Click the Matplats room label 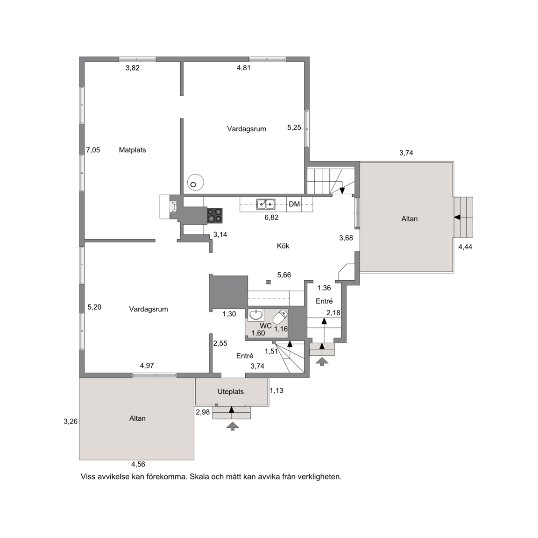[x=133, y=150]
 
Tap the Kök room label [x=283, y=246]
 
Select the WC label [x=266, y=326]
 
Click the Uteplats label [x=231, y=391]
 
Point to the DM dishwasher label [x=294, y=204]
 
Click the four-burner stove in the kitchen [x=214, y=215]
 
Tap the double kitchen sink [x=266, y=204]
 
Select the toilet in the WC [x=280, y=317]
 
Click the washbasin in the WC [x=255, y=315]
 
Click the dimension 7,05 [x=93, y=150]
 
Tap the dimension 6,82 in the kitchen [x=271, y=217]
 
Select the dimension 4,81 [x=244, y=68]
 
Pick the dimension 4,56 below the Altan [x=138, y=464]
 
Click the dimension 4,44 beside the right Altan [x=465, y=247]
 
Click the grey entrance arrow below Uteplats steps [x=232, y=426]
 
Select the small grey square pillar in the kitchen [x=269, y=282]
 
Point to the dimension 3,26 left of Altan [x=71, y=421]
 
